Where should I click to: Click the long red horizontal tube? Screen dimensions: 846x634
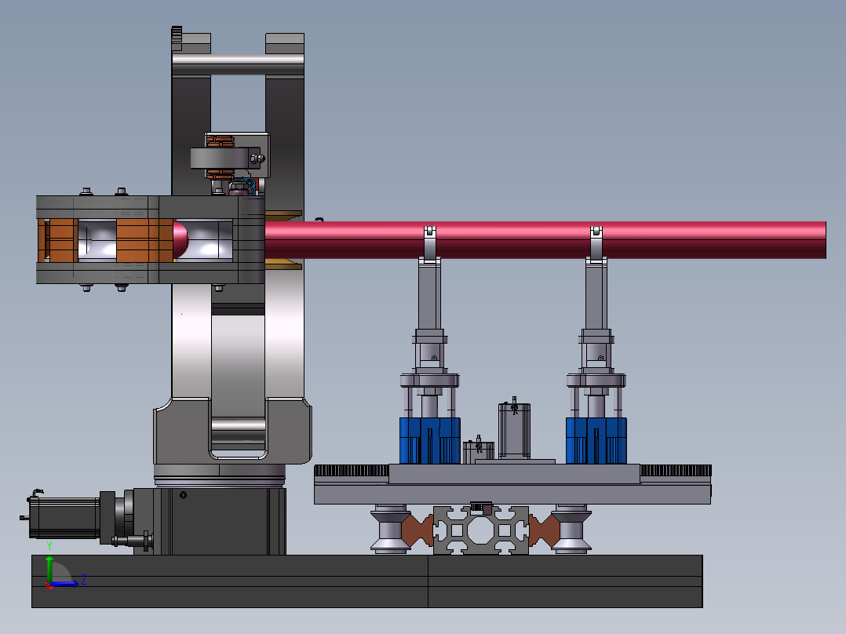tap(545, 239)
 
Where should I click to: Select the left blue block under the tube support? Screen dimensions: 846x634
tap(429, 440)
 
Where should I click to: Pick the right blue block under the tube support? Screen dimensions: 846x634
tap(596, 440)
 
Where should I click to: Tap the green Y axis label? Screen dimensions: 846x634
tap(49, 546)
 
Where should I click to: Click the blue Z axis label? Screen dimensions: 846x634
tap(84, 580)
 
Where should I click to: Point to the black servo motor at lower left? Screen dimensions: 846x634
tap(64, 517)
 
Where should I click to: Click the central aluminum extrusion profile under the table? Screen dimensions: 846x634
tap(481, 530)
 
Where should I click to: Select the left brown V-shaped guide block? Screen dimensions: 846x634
tap(418, 530)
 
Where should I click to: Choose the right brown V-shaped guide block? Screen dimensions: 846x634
tap(545, 530)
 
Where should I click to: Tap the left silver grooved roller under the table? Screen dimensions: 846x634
tap(389, 529)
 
